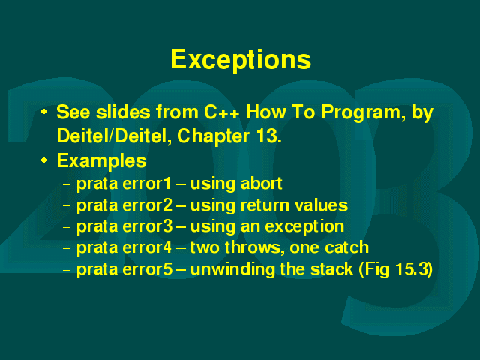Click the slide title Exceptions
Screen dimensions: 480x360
(x=241, y=60)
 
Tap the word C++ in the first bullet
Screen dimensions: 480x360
(x=222, y=112)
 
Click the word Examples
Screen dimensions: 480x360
(x=102, y=161)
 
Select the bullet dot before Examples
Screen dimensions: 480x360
(x=44, y=160)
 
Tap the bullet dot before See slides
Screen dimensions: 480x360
(x=44, y=112)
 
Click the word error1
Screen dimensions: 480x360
(x=147, y=184)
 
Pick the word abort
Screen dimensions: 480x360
(x=261, y=184)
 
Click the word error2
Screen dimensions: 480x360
(x=148, y=205)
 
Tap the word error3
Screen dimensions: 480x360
(x=148, y=226)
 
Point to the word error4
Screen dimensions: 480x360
(x=147, y=247)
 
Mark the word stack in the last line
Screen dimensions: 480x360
(x=331, y=269)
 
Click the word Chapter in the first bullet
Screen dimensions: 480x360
(x=213, y=136)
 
